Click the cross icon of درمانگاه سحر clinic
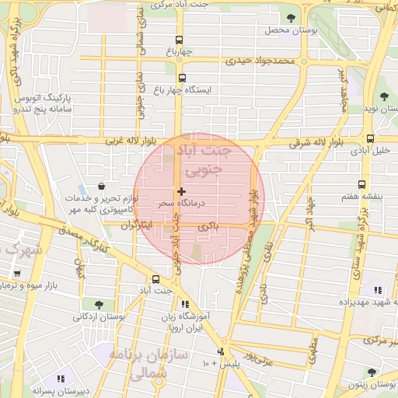coord(181,191)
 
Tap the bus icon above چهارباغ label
coord(180,40)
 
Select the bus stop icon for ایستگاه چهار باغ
coord(183,78)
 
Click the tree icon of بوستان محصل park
coord(292,18)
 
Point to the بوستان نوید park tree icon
coord(384,96)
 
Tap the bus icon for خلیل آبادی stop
coord(370,139)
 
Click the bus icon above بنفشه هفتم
coord(361,184)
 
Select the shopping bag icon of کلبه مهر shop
coord(103,187)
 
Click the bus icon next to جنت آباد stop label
coord(156,279)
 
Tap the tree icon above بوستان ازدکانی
coord(99,304)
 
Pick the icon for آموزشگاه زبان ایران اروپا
coord(185,305)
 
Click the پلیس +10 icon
coord(221,351)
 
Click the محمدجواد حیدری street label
coord(261,60)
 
